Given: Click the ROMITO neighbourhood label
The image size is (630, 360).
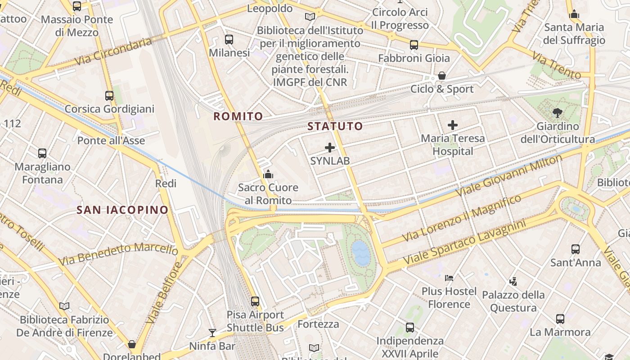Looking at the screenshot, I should [238, 117].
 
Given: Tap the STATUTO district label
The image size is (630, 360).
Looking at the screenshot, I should [335, 126].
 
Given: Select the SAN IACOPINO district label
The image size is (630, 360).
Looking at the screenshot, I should [122, 210].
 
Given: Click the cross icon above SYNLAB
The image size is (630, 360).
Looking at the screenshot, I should [330, 148].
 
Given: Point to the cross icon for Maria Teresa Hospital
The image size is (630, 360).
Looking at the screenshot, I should [453, 125].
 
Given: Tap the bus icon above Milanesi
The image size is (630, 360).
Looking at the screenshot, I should [229, 40].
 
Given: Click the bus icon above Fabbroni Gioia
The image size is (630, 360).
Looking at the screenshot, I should [414, 45].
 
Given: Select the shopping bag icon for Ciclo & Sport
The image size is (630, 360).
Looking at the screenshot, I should [442, 76].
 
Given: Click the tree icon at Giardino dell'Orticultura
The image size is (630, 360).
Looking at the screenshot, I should [557, 113].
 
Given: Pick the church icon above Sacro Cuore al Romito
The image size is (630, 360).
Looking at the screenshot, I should [268, 174].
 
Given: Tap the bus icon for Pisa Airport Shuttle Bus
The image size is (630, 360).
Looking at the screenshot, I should [255, 301].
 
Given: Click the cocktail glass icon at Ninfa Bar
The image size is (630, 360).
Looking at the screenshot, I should [212, 333].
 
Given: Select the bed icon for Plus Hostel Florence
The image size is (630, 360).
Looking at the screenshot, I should [449, 278].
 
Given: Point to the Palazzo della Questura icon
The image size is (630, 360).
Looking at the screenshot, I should [513, 282].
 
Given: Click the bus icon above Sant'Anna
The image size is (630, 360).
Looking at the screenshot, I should [576, 249].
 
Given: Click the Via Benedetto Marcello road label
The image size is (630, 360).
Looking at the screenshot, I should [118, 253].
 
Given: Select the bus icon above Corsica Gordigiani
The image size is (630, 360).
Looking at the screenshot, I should [109, 96].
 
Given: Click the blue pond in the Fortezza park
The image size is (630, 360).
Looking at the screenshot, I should [361, 252].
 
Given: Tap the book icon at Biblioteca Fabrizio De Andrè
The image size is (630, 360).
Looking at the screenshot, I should [64, 306].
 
